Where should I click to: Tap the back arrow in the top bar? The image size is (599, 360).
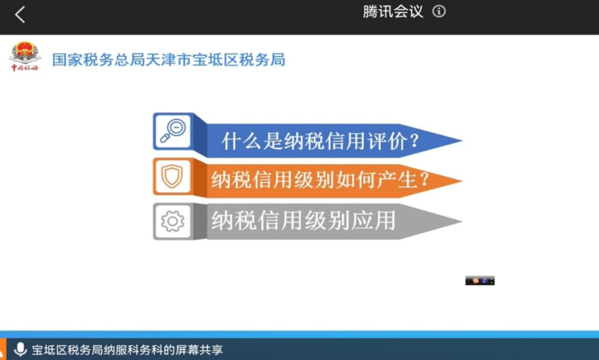[x=20, y=14]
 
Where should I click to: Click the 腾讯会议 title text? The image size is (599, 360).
[x=393, y=12]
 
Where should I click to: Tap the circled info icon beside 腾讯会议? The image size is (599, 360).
[x=439, y=12]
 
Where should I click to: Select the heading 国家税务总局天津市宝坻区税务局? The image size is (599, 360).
[x=169, y=59]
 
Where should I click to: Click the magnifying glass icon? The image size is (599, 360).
[x=172, y=130]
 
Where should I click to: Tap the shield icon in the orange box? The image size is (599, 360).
[x=172, y=176]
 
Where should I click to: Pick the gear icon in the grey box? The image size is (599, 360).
[x=172, y=221]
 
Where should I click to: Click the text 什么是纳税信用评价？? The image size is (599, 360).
[x=321, y=141]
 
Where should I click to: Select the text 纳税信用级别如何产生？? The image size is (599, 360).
[x=321, y=179]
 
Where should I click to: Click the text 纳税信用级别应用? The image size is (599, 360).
[x=303, y=221]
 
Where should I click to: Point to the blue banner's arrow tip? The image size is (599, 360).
[x=462, y=141]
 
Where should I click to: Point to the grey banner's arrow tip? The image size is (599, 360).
[x=462, y=221]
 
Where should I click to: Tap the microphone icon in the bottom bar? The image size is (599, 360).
[x=21, y=349]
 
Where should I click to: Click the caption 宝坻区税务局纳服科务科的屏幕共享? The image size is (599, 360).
[x=127, y=349]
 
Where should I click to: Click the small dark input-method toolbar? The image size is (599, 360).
[x=480, y=281]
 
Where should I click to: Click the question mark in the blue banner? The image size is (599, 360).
[x=414, y=141]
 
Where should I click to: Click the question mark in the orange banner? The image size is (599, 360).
[x=424, y=179]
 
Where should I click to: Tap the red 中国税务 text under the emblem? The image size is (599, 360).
[x=25, y=68]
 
